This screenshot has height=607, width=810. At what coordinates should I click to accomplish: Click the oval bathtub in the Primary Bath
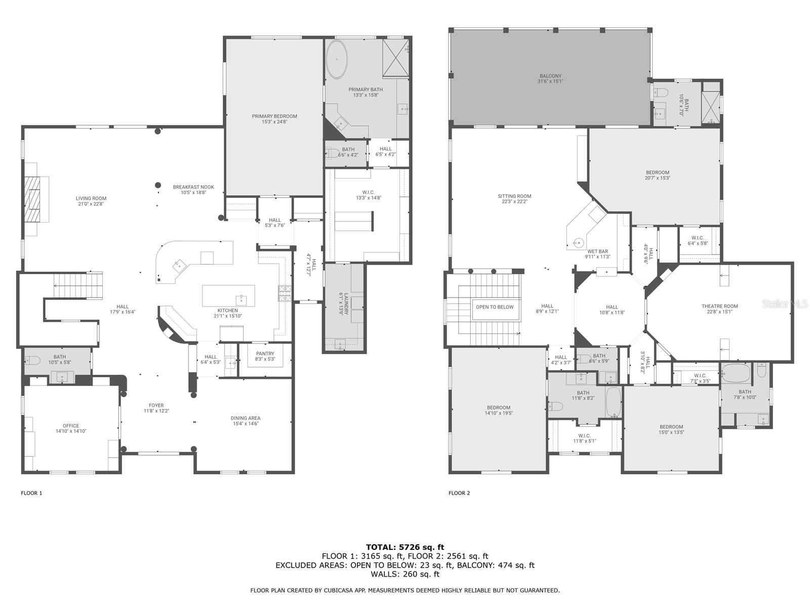coord(337,59)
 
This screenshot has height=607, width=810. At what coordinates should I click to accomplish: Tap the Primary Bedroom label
coord(274,119)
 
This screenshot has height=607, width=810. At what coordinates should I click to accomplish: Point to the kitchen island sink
coord(240,298)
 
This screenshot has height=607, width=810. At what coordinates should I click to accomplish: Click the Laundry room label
coord(342,304)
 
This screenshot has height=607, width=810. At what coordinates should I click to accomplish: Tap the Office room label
coord(71,428)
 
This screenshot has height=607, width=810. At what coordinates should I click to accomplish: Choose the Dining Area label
coord(246,421)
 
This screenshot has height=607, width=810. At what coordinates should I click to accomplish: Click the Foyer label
coord(156,408)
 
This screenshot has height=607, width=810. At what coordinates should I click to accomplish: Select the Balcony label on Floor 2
coord(550,78)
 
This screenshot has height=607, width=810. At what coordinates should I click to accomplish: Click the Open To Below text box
coord(494,307)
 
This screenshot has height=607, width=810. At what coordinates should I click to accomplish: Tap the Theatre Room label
coord(719,309)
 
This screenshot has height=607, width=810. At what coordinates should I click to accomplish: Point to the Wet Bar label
coord(598,254)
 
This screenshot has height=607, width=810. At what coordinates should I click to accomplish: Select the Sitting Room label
coord(514,199)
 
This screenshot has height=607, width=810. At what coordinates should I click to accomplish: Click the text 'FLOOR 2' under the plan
coord(459,493)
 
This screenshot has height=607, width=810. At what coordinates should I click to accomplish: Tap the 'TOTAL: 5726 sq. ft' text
coord(404,547)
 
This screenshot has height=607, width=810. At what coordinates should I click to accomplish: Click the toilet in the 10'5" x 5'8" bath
coord(32,361)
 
